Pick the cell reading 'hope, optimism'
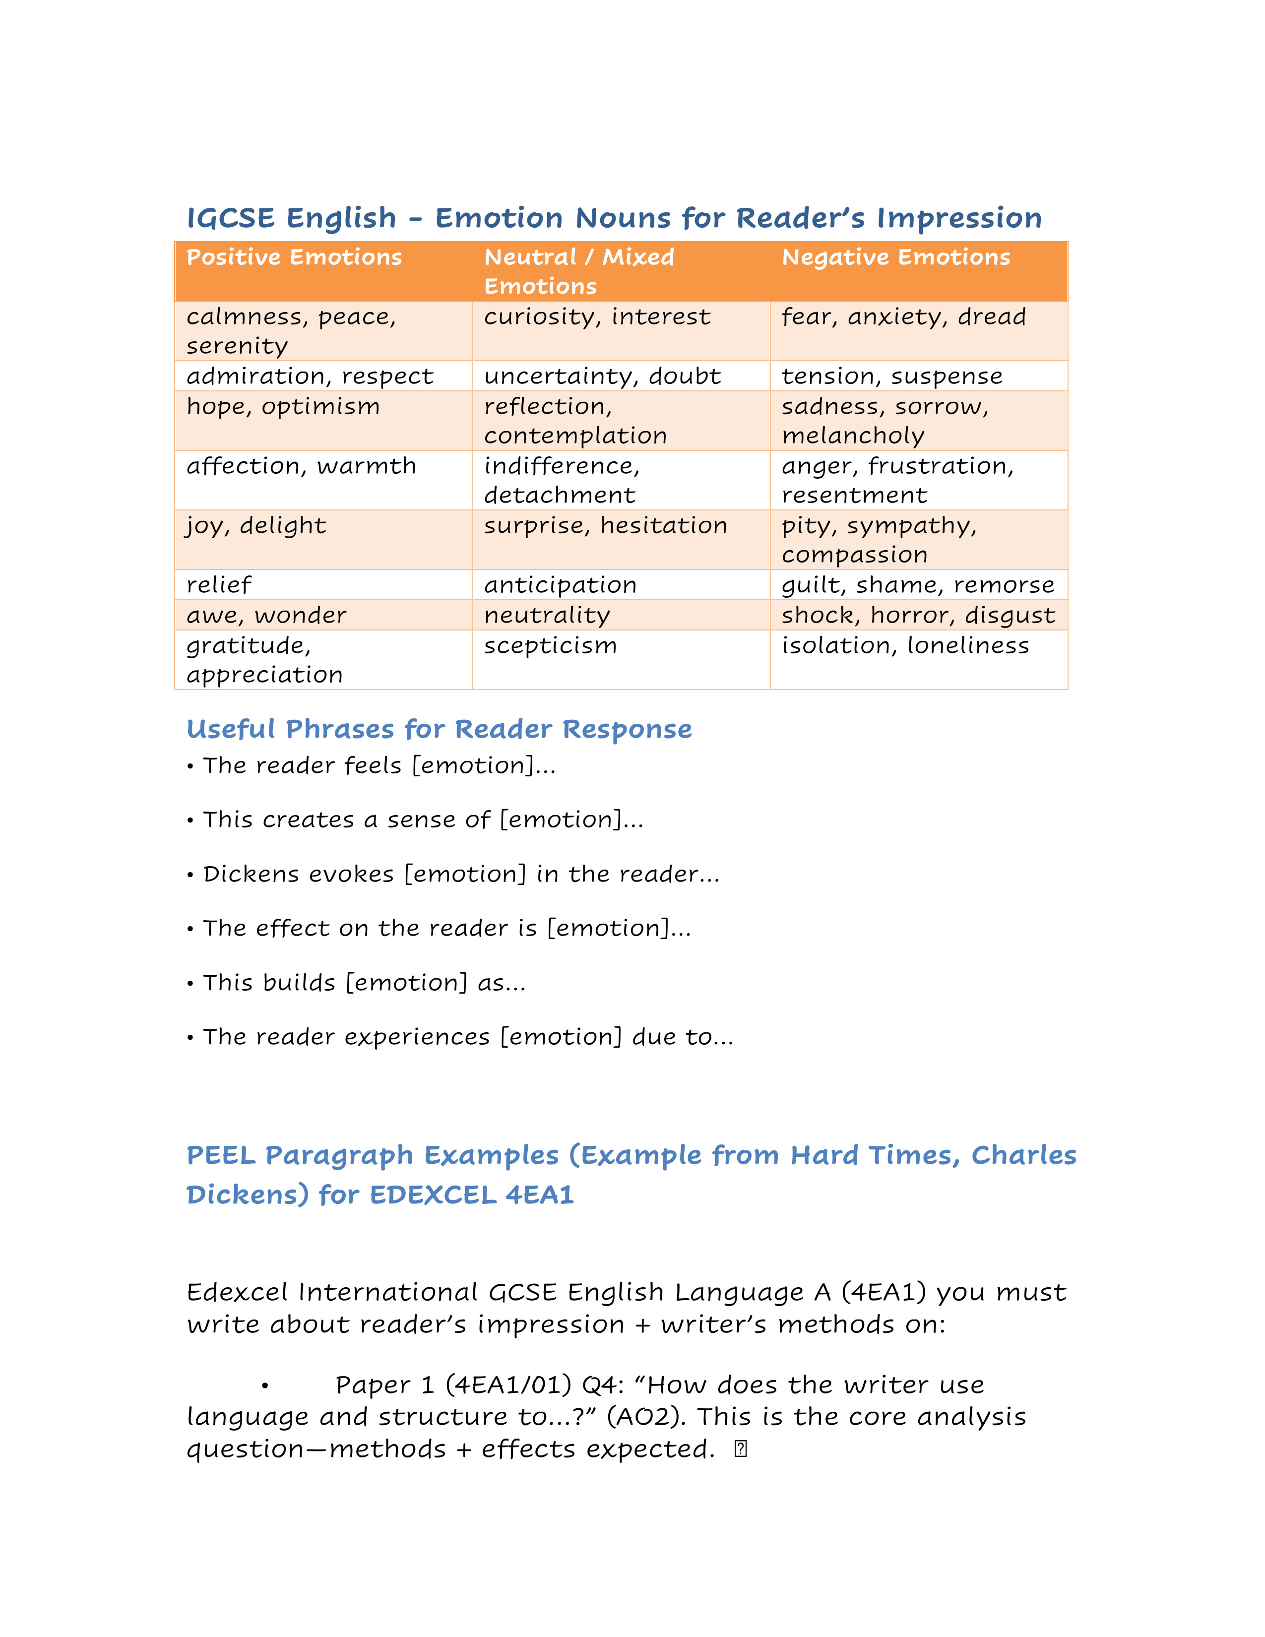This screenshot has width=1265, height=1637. click(283, 407)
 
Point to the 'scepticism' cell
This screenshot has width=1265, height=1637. click(550, 646)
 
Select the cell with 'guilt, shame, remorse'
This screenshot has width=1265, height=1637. click(917, 585)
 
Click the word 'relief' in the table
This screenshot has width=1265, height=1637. click(219, 585)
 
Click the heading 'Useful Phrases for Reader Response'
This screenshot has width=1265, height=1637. click(439, 729)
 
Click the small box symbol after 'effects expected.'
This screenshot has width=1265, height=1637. click(741, 1449)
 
